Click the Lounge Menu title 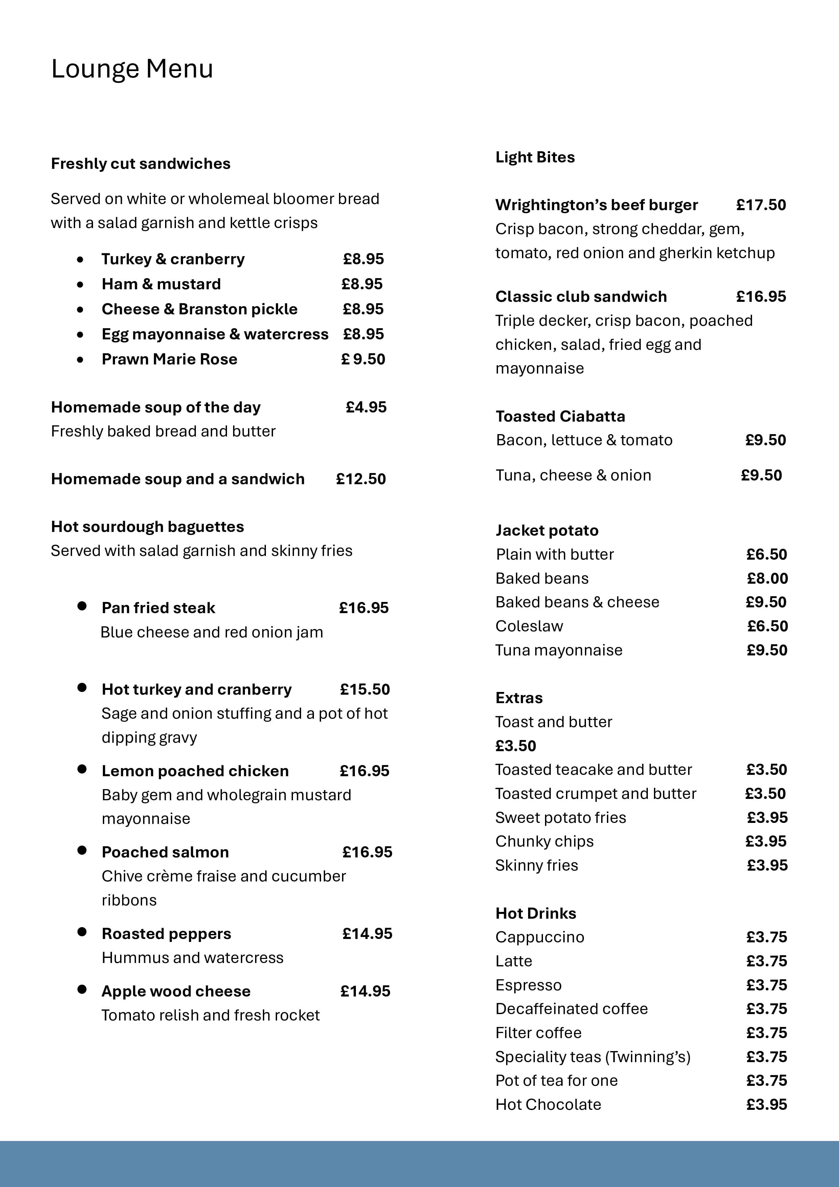[132, 69]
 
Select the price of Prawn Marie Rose [363, 359]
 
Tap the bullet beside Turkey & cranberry [80, 260]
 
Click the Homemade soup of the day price [366, 407]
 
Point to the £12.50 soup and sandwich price [361, 479]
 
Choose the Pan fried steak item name [158, 608]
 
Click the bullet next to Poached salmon [82, 850]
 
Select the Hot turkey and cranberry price [365, 690]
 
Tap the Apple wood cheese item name [176, 991]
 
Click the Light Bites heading [535, 157]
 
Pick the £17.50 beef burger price [761, 205]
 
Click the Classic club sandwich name [581, 297]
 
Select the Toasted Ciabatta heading [560, 417]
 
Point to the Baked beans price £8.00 [767, 579]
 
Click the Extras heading [519, 698]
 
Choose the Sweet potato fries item [560, 818]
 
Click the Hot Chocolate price [767, 1105]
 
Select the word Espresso [528, 985]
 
